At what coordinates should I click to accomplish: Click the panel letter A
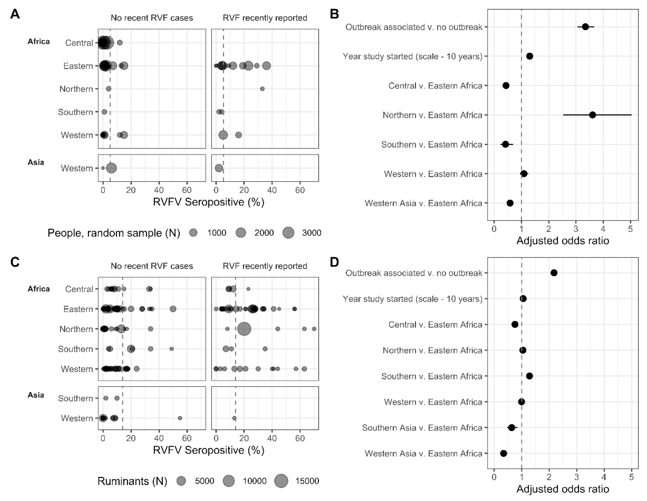tap(15, 14)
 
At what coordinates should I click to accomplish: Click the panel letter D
tap(334, 262)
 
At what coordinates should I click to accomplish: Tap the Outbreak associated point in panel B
tap(585, 27)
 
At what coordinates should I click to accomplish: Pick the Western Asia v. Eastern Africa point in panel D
tap(503, 453)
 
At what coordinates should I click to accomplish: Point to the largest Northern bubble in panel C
tap(244, 329)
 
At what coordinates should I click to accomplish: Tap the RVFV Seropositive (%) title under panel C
tap(209, 450)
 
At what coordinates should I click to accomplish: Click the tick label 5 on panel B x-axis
tap(630, 229)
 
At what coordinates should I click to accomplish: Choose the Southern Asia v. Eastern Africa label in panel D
tap(422, 428)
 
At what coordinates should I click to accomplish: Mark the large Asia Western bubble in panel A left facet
tap(111, 168)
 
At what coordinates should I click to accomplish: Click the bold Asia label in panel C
tap(36, 395)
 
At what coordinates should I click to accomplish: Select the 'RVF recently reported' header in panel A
tap(265, 18)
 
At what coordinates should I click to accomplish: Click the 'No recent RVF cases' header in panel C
tap(152, 266)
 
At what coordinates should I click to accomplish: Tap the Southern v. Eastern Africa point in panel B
tap(505, 144)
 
